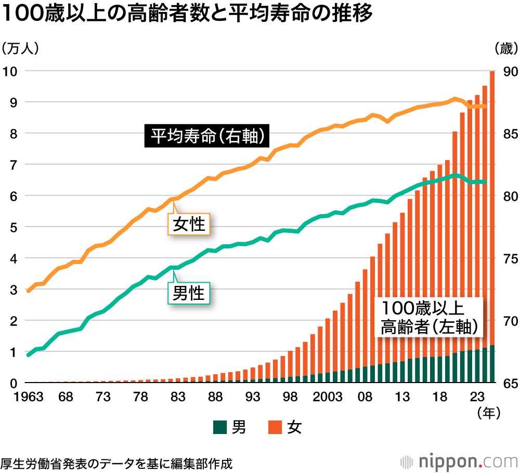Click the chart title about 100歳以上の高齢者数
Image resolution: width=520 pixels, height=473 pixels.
point(187,15)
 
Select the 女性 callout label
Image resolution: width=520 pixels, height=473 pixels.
point(189,224)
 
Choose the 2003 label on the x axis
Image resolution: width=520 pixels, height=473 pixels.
point(328,398)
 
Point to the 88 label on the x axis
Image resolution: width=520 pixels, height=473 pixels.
point(215,398)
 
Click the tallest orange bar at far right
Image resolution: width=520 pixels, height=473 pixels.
point(492,208)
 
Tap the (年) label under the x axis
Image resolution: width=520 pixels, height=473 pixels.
point(489,413)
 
